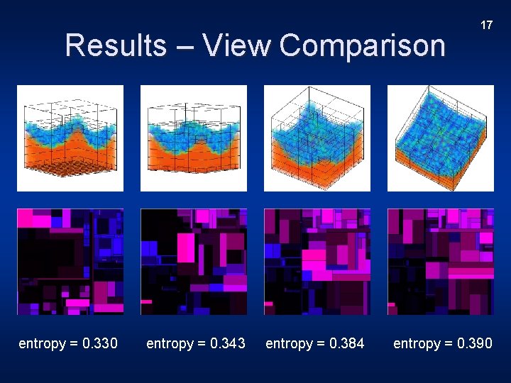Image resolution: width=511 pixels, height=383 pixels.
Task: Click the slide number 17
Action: [486, 26]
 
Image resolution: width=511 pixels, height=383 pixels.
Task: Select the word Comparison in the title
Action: [362, 46]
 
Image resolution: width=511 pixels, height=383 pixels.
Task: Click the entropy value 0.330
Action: [100, 344]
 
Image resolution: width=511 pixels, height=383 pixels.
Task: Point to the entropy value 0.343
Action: [228, 344]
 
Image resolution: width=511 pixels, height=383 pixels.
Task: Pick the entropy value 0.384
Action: [347, 344]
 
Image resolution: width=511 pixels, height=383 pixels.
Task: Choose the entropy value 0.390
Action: [475, 344]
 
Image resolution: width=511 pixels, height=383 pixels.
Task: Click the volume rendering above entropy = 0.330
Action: [70, 138]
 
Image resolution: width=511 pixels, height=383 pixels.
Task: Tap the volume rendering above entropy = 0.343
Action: [194, 138]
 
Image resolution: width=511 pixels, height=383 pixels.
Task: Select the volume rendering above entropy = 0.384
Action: [317, 138]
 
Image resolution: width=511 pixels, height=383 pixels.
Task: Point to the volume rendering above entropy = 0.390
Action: [441, 138]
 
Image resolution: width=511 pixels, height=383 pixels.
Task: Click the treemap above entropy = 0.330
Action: [70, 262]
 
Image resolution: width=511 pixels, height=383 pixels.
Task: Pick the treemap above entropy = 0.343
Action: [194, 262]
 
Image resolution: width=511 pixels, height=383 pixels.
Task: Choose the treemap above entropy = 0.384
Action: [317, 262]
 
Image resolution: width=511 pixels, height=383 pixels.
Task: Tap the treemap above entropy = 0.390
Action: [441, 262]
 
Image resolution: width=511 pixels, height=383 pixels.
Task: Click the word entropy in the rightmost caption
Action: [417, 345]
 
